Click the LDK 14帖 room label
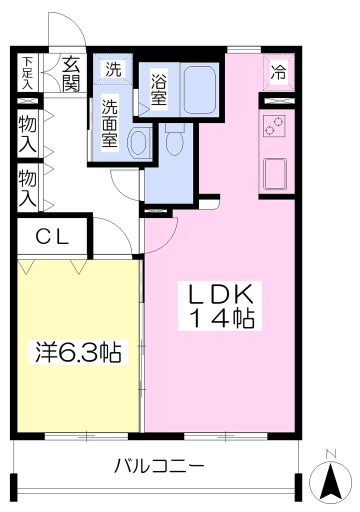[220, 306]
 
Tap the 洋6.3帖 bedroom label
[78, 352]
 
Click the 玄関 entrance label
[71, 74]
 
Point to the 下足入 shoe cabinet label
[27, 73]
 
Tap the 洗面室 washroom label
[109, 124]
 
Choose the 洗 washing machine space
[113, 69]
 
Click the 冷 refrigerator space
[278, 72]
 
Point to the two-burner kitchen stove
[274, 125]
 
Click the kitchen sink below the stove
[275, 174]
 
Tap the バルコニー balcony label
[159, 465]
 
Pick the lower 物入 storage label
[27, 188]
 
